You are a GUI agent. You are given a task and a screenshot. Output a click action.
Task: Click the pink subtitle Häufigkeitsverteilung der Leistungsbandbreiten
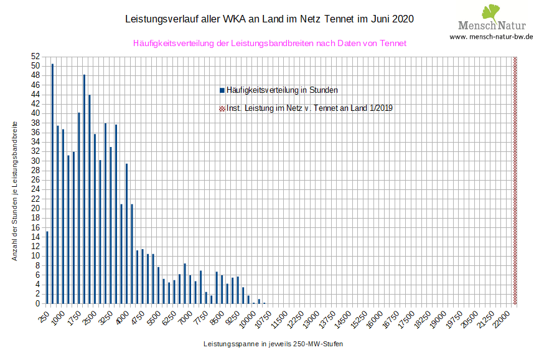click(269, 44)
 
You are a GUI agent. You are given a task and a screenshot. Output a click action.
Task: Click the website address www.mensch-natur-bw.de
click(491, 37)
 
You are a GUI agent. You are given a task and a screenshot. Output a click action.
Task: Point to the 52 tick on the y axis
click(35, 56)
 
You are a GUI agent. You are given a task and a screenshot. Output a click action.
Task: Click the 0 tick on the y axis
click(37, 303)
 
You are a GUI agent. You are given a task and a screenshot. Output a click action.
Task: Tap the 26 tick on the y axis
click(35, 180)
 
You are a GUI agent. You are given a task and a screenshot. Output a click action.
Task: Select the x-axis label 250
click(43, 316)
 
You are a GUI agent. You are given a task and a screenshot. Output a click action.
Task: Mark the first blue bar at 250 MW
click(47, 267)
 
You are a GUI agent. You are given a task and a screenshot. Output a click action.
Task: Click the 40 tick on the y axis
click(35, 113)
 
